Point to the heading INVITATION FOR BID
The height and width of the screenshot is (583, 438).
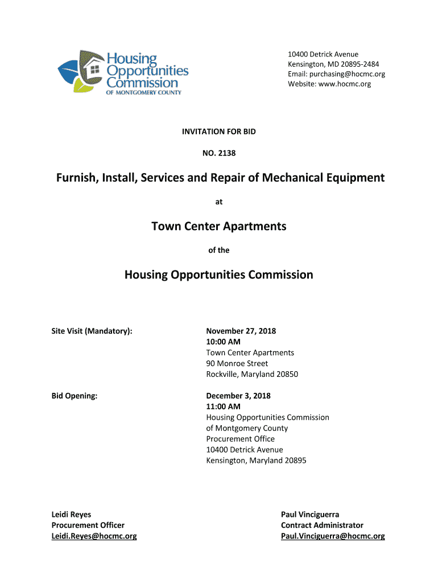[x=219, y=132]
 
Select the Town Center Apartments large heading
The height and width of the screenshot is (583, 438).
[x=219, y=227]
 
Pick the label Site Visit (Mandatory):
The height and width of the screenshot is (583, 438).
[x=92, y=331]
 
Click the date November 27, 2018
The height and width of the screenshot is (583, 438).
[x=241, y=331]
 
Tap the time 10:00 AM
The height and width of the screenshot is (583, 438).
[x=223, y=342]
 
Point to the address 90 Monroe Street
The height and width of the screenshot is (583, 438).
[x=237, y=363]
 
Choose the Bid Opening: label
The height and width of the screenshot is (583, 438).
[x=75, y=396]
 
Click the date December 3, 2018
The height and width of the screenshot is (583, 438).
[x=238, y=396]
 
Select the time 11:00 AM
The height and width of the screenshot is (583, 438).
[x=223, y=407]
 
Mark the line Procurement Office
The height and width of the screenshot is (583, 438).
[x=240, y=439]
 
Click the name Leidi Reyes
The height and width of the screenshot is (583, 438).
[x=71, y=515]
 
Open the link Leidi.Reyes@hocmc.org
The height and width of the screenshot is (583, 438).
[x=94, y=536]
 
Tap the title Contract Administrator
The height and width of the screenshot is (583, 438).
[x=322, y=525]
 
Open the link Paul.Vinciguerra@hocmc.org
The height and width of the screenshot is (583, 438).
[x=333, y=536]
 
